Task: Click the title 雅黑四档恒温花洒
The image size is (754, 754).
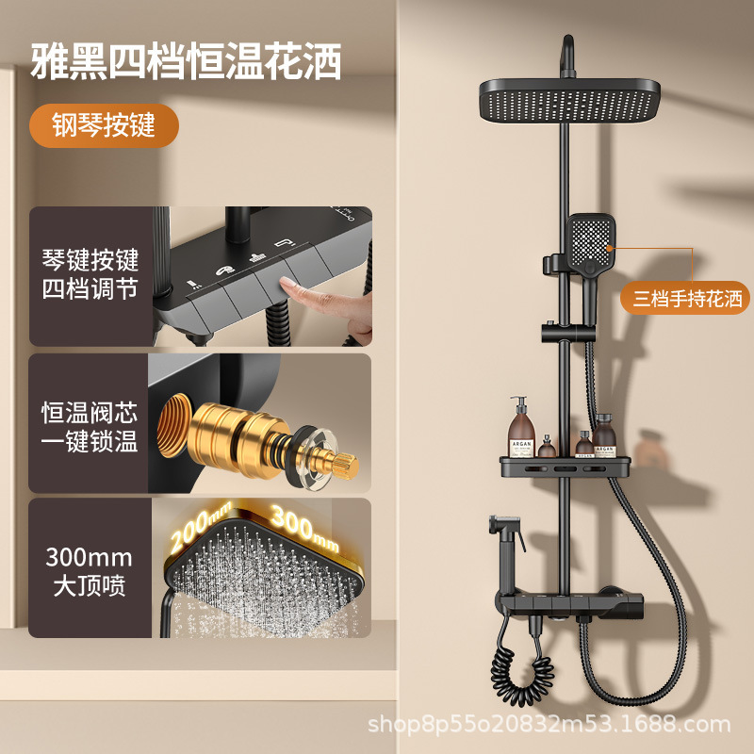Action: coord(186,61)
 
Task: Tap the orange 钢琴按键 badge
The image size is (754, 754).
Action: coord(104,125)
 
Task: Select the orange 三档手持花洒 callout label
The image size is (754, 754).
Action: coord(685,298)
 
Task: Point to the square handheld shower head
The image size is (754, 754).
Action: coord(591,243)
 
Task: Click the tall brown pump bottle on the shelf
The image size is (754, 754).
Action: coord(521,427)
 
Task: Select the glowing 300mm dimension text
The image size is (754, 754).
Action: coord(303,527)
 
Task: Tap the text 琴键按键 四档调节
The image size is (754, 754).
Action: coord(90,274)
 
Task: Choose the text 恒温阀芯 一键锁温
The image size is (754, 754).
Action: coord(90,427)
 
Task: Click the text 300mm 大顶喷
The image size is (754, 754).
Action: coord(89,571)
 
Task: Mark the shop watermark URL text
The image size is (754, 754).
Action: coord(549,724)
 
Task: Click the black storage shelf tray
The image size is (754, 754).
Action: coord(565,467)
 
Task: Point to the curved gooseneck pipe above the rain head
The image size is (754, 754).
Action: coord(568,56)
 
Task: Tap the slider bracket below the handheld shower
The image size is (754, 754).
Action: coord(567,333)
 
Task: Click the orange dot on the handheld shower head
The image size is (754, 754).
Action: coord(609,248)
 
